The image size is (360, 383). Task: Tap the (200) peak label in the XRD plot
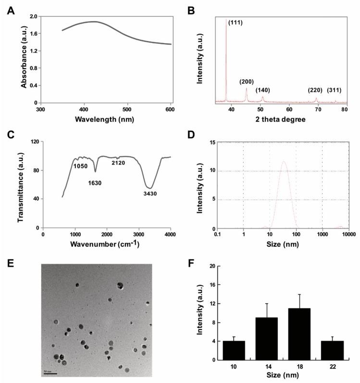(x=247, y=82)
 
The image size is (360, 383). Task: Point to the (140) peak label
(x=263, y=90)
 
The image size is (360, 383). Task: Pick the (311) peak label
(x=335, y=90)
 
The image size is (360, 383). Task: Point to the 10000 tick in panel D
(x=348, y=236)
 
